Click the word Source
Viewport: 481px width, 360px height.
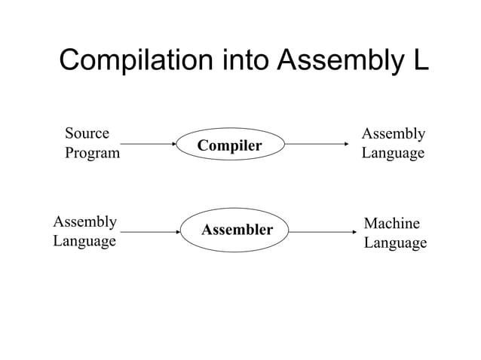coord(87,134)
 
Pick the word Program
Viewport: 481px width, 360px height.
coord(92,154)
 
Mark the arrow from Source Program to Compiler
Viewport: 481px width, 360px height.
coord(147,144)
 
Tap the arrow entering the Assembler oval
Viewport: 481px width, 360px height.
coord(147,232)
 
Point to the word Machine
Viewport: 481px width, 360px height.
coord(391,224)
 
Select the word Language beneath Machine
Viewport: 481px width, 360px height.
coord(395,243)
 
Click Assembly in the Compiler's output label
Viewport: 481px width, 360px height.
coord(393,134)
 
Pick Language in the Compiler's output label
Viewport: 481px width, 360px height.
coord(393,154)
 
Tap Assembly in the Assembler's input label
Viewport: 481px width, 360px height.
coord(84,221)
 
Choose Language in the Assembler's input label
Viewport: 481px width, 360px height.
coord(84,241)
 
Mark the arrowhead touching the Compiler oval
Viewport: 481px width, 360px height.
coord(171,144)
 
